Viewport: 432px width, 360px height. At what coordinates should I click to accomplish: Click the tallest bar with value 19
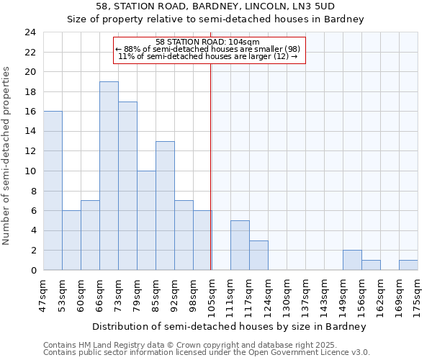pos(109,176)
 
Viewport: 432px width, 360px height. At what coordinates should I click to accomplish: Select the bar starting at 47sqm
pos(53,191)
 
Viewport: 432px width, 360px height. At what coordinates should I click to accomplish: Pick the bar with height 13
pos(165,206)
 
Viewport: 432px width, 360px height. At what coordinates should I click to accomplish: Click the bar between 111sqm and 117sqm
pos(240,246)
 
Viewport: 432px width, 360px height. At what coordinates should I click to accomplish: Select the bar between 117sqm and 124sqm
pos(258,256)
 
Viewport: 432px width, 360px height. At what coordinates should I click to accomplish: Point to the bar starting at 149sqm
pos(352,260)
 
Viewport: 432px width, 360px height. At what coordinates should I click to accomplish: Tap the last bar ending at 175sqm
pos(408,265)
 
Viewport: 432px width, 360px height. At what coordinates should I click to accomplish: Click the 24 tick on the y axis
pos(30,32)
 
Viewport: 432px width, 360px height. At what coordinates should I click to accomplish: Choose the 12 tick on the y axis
pos(30,151)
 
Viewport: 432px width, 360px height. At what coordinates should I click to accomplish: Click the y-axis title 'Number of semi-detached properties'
pos(7,156)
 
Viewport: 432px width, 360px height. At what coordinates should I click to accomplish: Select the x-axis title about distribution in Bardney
pos(229,326)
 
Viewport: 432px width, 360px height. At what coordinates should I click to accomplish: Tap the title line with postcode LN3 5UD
pos(215,6)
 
